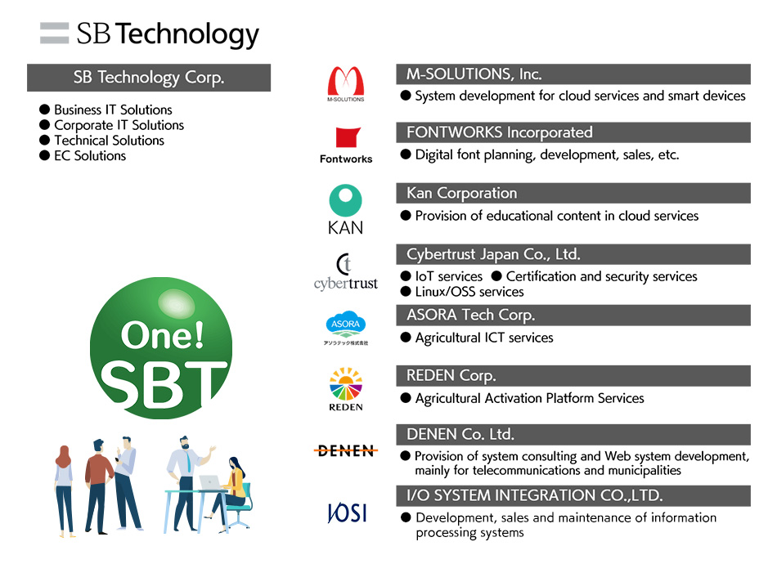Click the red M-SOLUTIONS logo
coord(345,83)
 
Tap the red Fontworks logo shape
coord(348,137)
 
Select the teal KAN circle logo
coord(345,200)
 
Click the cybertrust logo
coord(345,272)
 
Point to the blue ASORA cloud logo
coord(345,324)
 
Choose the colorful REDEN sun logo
coord(346,383)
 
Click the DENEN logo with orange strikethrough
coord(346,450)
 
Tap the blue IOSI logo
coord(347,513)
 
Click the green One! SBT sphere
coord(161,348)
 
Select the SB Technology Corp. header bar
coord(149,78)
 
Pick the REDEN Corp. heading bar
coord(573,376)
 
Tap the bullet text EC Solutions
coord(90,156)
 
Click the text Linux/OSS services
coord(469,292)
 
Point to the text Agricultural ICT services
coord(484,338)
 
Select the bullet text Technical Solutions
coord(109,141)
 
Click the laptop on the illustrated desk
coord(210,482)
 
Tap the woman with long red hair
coord(64,490)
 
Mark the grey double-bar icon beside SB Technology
coord(55,34)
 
